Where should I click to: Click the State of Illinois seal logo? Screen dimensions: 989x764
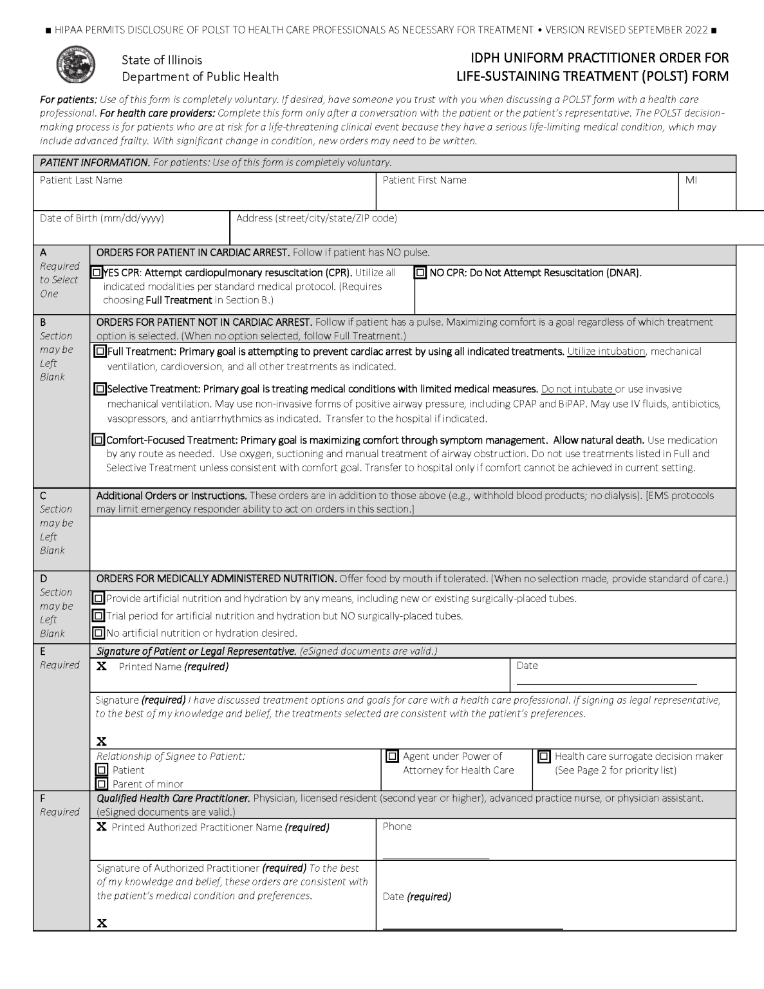point(76,65)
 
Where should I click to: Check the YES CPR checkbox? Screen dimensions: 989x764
point(97,273)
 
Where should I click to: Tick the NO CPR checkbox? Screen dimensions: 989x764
point(420,273)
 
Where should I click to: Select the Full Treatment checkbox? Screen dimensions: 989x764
point(100,352)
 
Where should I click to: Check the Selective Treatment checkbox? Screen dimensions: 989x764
point(100,389)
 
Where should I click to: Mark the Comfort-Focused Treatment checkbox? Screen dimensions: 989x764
point(98,440)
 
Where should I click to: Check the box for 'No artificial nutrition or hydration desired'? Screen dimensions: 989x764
point(98,633)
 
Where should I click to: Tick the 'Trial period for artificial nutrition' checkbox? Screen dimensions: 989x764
point(98,616)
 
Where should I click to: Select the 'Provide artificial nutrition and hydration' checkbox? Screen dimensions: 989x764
point(98,599)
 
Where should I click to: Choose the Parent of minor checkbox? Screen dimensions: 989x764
point(102,784)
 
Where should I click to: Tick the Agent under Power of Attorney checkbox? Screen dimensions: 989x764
point(392,757)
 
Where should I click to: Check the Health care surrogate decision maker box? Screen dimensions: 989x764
point(544,757)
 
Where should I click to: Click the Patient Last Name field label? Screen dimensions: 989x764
point(81,180)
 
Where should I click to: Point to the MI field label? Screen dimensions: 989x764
point(691,180)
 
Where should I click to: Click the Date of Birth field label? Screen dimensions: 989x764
point(102,218)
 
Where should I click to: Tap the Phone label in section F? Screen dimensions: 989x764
point(397,827)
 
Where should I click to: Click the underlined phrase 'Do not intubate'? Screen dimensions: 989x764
point(577,389)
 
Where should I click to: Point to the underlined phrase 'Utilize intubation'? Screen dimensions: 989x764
point(606,352)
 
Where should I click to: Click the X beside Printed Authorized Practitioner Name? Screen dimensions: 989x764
point(102,827)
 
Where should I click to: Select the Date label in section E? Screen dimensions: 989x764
point(527,666)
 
